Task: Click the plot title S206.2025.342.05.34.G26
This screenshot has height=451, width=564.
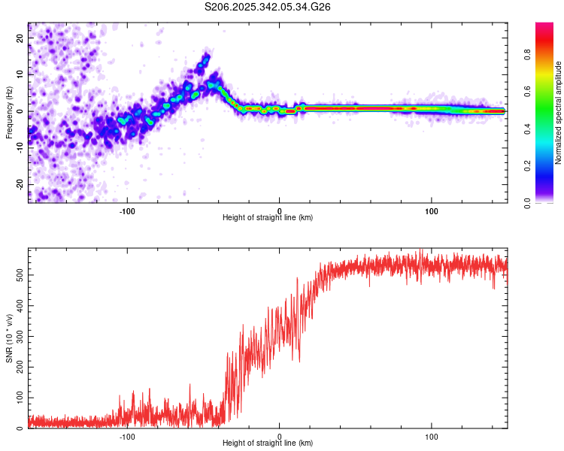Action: click(268, 7)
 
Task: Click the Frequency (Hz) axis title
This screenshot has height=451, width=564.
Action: click(9, 111)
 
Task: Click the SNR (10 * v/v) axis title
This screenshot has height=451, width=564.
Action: click(9, 337)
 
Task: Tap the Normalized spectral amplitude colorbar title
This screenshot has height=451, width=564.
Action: click(559, 113)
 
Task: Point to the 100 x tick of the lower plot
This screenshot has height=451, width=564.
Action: click(432, 437)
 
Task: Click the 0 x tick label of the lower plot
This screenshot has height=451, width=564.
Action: click(280, 437)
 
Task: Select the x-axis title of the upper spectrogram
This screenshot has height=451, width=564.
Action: click(268, 218)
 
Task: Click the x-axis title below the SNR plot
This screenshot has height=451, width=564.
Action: click(268, 444)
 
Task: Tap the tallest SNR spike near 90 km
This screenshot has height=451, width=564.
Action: click(420, 250)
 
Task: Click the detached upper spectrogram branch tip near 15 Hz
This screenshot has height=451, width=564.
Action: click(206, 56)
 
